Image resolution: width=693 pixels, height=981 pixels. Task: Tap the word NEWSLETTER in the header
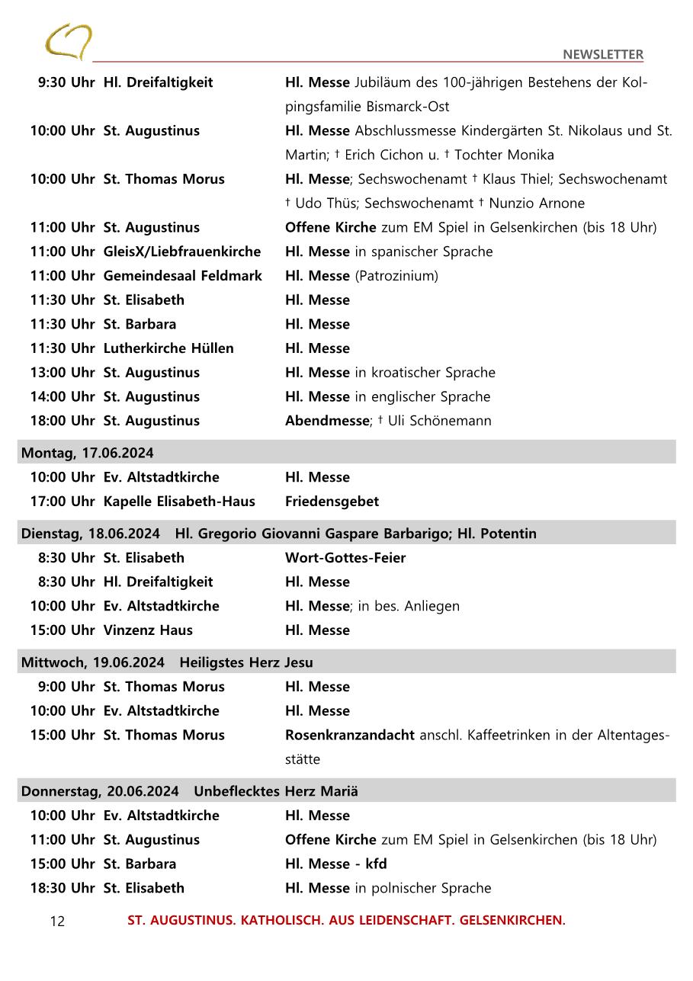coord(602,54)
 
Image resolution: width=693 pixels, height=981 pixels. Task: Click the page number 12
coord(57,922)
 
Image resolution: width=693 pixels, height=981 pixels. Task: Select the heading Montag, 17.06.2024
coord(87,453)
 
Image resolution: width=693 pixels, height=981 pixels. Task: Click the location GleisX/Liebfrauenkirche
coord(181,252)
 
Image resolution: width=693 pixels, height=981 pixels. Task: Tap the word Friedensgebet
coord(332,502)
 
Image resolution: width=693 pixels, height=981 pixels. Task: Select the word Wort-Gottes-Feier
coord(345,558)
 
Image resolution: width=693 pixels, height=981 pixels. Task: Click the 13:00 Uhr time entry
coord(62,373)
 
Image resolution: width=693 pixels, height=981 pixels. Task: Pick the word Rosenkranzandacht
coord(349,736)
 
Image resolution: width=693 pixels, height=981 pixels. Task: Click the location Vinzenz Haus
coord(148,630)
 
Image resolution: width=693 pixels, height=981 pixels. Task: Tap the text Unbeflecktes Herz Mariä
coord(276,791)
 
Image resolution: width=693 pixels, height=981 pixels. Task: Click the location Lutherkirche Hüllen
coord(168,348)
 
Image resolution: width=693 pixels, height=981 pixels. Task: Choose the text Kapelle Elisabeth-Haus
coord(179,502)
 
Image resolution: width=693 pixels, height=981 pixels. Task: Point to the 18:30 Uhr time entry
coord(62,888)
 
